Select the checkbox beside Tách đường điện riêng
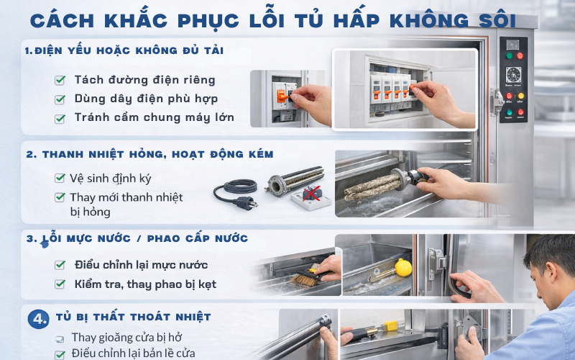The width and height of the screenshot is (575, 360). coord(60,80)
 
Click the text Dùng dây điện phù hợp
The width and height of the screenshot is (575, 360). coord(146,99)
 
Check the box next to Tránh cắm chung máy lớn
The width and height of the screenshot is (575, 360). coord(60,117)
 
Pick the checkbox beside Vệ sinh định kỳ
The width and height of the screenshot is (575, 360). coord(60,178)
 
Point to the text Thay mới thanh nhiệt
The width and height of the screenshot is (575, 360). coord(126,197)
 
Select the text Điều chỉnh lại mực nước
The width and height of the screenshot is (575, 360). coord(141,265)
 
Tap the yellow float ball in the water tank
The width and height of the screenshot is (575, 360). coord(403,266)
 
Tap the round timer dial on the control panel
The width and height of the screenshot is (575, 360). coord(513,76)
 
